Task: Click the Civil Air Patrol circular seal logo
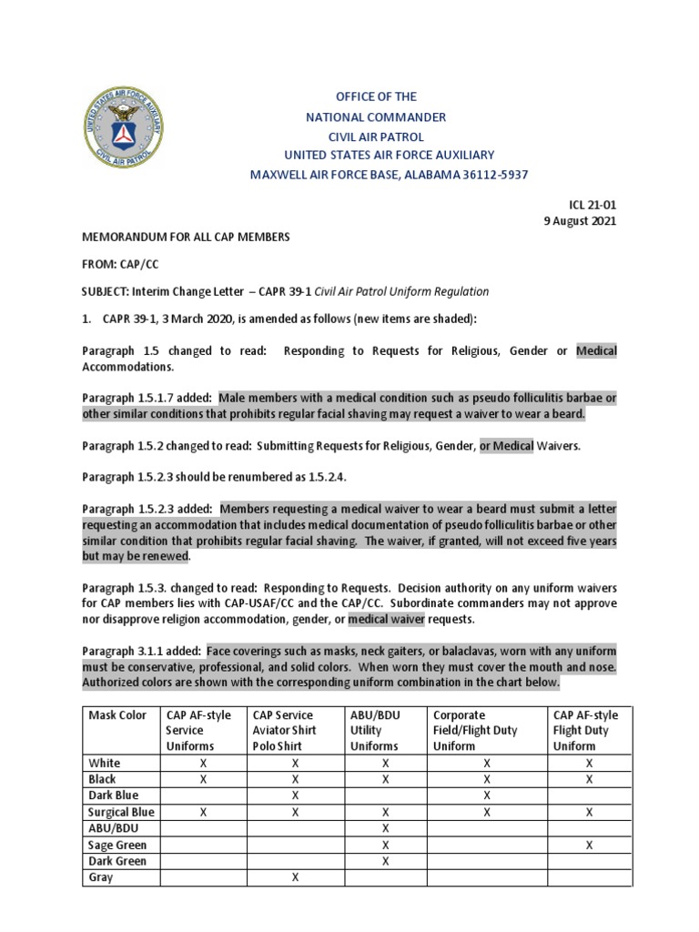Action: tap(124, 127)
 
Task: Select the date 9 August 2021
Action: tap(578, 221)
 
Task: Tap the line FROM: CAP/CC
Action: tap(120, 264)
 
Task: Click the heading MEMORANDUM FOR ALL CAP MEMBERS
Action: tap(186, 237)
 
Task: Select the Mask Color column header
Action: tap(117, 714)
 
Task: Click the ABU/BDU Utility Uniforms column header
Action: tap(375, 730)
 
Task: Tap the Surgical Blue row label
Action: tap(121, 812)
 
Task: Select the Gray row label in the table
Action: tap(100, 877)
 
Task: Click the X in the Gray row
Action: tap(295, 877)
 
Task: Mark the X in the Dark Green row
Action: tap(386, 861)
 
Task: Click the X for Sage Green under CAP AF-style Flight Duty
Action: tap(589, 845)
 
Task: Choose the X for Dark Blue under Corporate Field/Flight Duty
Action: tap(487, 795)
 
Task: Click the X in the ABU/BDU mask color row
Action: tap(386, 828)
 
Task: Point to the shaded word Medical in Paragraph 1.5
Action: tap(596, 351)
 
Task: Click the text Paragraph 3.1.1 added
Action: tap(142, 651)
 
